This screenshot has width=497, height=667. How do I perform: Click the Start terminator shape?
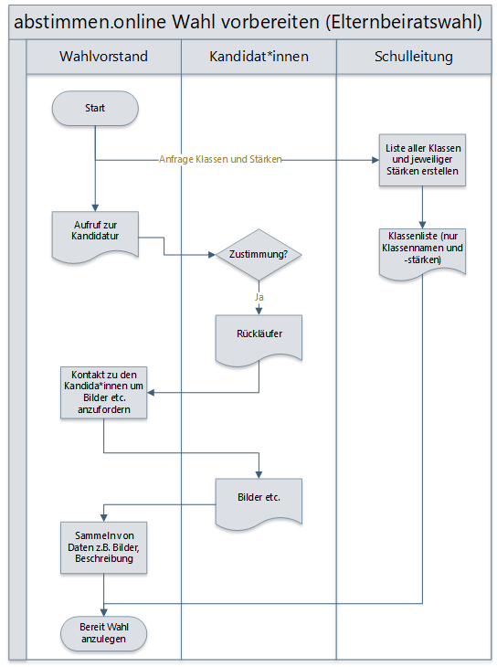95,108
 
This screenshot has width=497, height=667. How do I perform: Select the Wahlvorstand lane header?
104,57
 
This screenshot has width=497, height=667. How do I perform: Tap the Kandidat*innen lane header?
259,57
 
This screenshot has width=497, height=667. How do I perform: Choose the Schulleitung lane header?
414,57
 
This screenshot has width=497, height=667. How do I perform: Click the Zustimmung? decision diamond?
259,255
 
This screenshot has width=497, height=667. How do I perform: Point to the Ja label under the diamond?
259,297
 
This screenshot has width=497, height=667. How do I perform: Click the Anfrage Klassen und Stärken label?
220,160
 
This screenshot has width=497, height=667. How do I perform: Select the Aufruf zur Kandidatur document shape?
95,236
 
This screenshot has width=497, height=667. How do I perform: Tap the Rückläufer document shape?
259,339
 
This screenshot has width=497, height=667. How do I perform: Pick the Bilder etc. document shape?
259,503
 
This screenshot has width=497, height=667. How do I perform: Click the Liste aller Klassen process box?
422,160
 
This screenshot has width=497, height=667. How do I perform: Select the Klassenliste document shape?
422,253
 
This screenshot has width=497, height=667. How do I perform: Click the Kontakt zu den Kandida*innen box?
104,393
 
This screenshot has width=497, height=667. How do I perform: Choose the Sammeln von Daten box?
104,547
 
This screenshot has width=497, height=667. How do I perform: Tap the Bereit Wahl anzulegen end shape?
104,633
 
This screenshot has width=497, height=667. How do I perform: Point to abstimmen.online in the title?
90,22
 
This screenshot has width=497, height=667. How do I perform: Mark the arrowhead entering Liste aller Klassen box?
375,160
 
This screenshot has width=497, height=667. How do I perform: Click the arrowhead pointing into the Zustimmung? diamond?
212,255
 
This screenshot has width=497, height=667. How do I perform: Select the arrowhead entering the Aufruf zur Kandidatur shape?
95,208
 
